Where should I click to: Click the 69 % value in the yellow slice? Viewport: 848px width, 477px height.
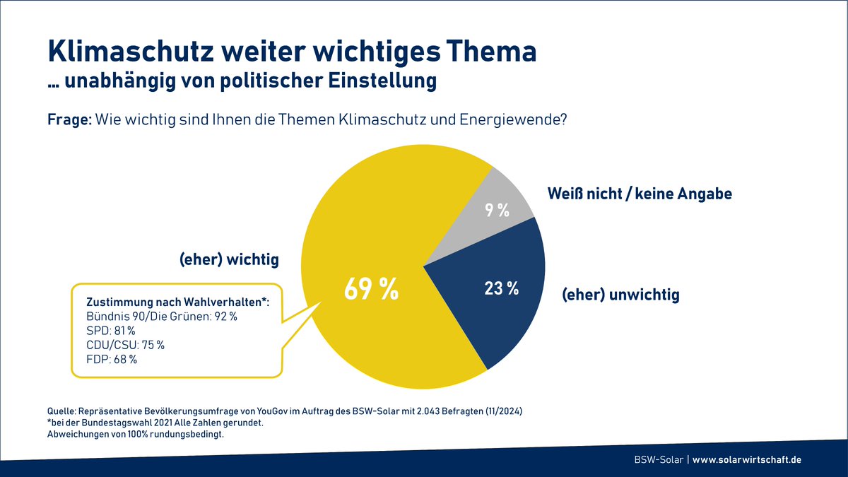click(x=371, y=290)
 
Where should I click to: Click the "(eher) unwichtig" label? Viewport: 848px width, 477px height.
click(x=620, y=295)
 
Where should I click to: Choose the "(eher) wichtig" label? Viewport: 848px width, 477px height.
click(x=228, y=260)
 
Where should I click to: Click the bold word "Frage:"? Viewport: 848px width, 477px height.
click(x=69, y=120)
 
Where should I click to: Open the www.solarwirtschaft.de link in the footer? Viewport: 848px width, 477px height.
click(x=747, y=459)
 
